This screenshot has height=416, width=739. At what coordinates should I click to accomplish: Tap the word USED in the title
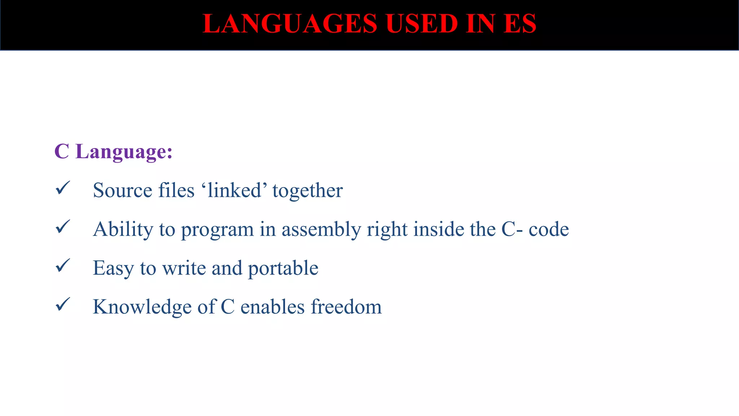tap(421, 24)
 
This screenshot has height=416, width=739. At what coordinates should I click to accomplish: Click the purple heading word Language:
tap(124, 152)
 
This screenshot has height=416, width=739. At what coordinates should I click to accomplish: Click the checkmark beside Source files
tap(63, 188)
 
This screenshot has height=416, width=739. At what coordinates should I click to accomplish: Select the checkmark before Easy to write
tap(63, 266)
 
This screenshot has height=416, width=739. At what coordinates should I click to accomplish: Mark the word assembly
tap(321, 230)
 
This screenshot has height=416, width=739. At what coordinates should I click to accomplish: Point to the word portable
tap(283, 268)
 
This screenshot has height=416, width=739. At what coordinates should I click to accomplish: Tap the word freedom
tap(346, 307)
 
